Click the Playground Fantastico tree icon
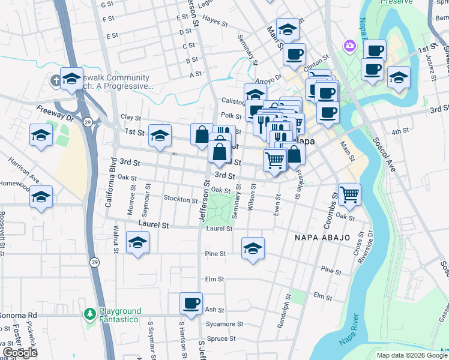coord(89,314)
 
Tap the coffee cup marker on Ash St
coord(191,304)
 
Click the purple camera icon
coord(349,46)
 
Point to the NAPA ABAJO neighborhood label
coord(322,238)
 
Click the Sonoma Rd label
coord(19,315)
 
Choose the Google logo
coord(19,352)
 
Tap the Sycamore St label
coord(224,324)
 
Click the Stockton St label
coord(180,200)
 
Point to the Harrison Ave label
coord(24,171)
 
